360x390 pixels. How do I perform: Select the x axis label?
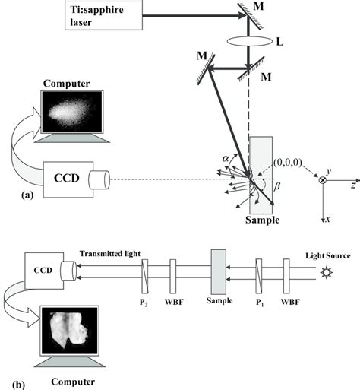(x=327, y=219)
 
